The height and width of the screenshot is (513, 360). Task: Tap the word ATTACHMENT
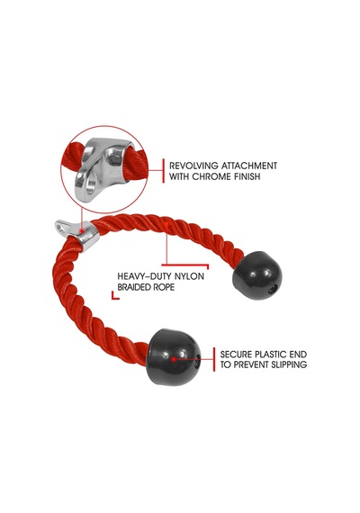pyautogui.click(x=249, y=166)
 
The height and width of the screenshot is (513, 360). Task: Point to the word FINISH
pyautogui.click(x=247, y=176)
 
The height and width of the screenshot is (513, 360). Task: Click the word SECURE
pyautogui.click(x=236, y=355)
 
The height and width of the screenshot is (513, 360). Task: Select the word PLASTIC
pyautogui.click(x=272, y=355)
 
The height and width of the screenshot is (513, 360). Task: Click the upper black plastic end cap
pyautogui.click(x=257, y=275)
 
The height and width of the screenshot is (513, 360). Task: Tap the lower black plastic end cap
pyautogui.click(x=174, y=356)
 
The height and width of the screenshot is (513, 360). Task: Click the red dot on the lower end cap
pyautogui.click(x=174, y=359)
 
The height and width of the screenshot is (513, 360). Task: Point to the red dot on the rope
pyautogui.click(x=166, y=224)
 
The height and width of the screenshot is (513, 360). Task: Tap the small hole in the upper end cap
pyautogui.click(x=273, y=290)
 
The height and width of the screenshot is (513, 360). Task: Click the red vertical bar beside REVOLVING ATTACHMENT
pyautogui.click(x=164, y=171)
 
